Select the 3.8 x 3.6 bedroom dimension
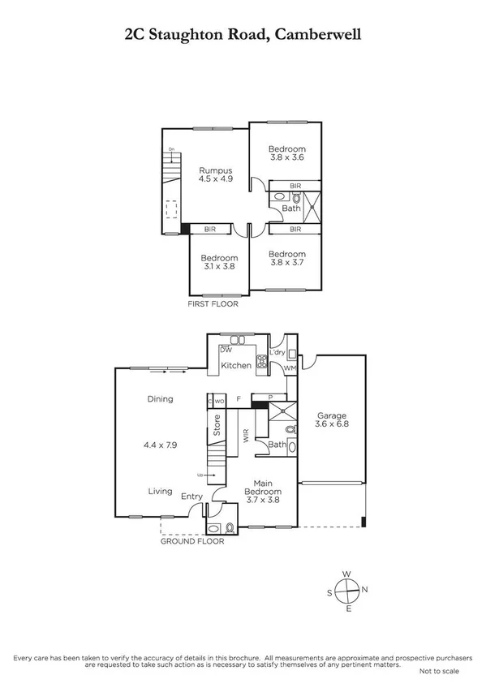pos(287,159)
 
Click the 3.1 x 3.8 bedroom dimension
pos(219,269)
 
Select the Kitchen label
pos(236,366)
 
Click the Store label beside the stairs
pos(217,426)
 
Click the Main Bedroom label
pos(264,488)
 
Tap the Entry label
pos(192,497)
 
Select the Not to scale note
pos(441,672)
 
